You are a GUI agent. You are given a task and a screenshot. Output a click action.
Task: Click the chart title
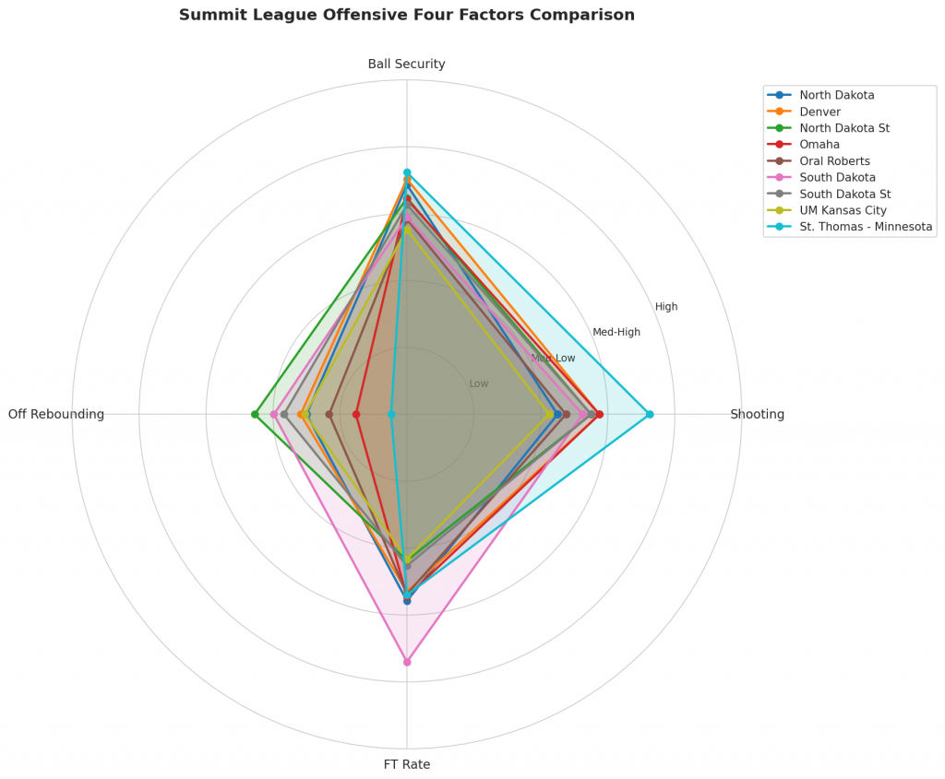[x=406, y=16]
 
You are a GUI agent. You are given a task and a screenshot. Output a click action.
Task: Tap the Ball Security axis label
[x=406, y=65]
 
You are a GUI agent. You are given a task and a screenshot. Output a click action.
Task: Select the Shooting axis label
[x=757, y=415]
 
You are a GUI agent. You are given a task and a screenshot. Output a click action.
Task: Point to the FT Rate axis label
[x=406, y=764]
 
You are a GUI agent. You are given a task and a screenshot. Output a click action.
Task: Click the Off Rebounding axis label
[x=56, y=415]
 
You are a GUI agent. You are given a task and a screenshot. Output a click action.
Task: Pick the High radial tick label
[x=666, y=307]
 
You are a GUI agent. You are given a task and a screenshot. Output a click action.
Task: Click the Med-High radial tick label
[x=616, y=332]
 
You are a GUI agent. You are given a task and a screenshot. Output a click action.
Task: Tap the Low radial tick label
[x=479, y=384]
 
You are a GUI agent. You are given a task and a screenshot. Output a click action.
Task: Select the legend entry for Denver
[x=819, y=112]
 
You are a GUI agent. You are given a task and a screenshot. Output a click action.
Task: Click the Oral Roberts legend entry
[x=835, y=161]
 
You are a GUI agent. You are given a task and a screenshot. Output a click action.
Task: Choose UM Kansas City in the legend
[x=843, y=210]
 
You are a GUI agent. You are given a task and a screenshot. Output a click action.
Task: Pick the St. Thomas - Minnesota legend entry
[x=866, y=227]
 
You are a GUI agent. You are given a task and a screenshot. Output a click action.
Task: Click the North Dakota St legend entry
[x=844, y=128]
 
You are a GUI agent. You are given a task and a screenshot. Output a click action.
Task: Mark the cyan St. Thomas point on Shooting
[x=650, y=414]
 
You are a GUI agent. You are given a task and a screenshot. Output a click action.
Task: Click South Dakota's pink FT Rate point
[x=407, y=662]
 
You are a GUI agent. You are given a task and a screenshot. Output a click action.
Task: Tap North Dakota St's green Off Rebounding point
[x=255, y=414]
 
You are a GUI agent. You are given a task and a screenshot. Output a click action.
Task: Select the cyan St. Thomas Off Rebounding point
[x=391, y=414]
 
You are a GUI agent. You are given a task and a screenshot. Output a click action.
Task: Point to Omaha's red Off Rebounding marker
[x=356, y=414]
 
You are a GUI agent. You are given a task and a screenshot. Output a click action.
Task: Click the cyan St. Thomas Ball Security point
[x=407, y=172]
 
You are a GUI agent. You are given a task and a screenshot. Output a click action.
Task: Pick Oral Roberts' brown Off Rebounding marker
[x=329, y=414]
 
